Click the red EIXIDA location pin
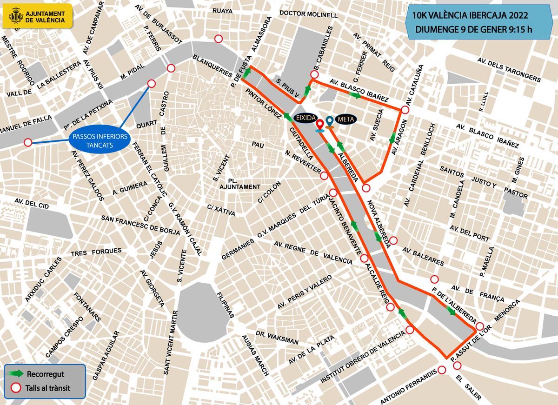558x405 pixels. pos(320,125)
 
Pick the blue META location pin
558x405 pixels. pos(330,122)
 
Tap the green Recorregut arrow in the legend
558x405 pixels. pos(17,374)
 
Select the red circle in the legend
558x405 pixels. pos(17,387)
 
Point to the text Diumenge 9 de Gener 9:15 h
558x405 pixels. pos(473,30)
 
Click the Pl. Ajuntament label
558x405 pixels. pos(238,183)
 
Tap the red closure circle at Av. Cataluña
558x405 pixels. pos(405,110)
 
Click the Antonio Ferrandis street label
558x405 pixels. pos(408,387)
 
